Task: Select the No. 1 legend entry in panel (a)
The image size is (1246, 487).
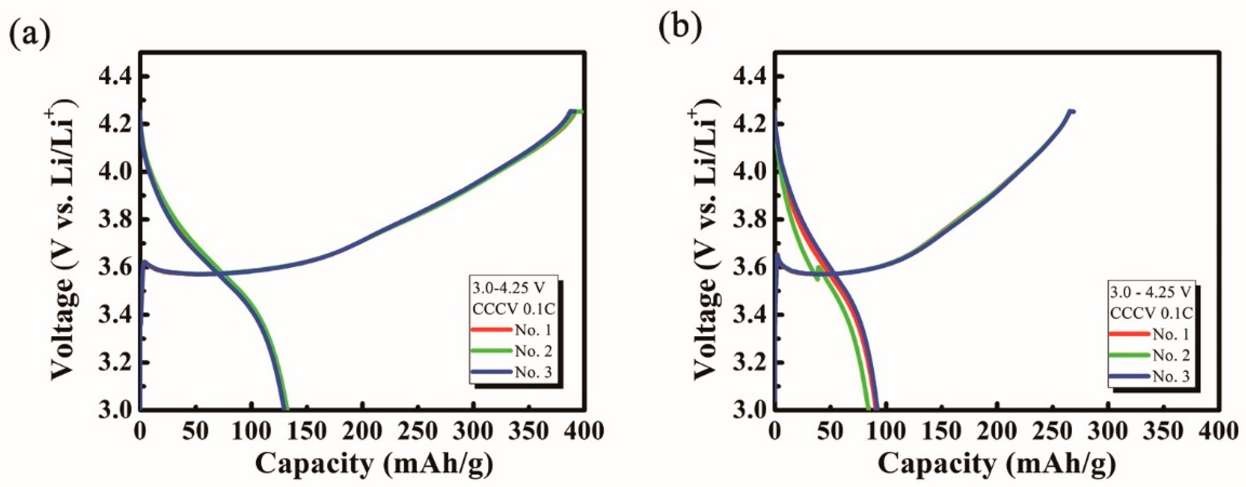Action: point(533,330)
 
